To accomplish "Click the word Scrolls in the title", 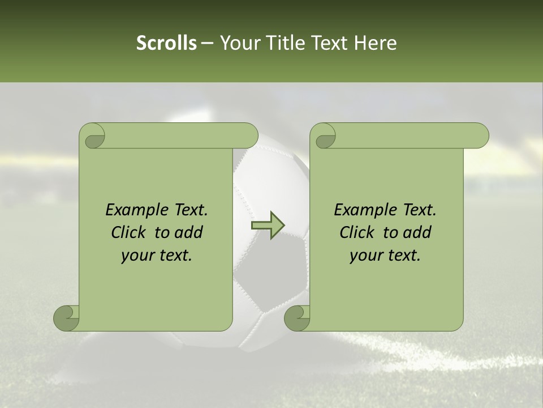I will point(166,43).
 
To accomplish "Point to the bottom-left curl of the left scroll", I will point(66,318).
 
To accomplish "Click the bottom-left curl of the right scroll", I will point(297,318).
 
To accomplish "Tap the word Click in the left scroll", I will point(128,232).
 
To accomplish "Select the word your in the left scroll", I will point(136,256).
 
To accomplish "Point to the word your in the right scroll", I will point(365,256).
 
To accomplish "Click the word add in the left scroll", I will point(189,232).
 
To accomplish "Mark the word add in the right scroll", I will point(417,232).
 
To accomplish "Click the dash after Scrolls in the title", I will point(207,43).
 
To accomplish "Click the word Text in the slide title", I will point(332,43).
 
